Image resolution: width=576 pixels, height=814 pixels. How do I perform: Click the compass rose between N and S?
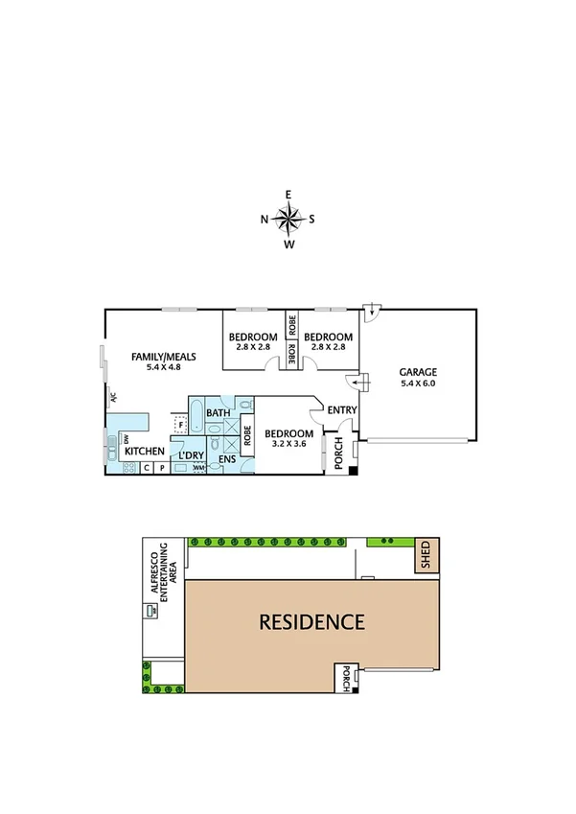pos(288,220)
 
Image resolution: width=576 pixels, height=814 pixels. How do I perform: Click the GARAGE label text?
pos(417,372)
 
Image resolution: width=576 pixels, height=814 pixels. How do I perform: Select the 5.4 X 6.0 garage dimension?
pos(417,384)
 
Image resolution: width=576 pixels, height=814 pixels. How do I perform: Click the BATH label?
pos(219,413)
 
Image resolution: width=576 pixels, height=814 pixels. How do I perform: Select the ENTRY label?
pos(342,410)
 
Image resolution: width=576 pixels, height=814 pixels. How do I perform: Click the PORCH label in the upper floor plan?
pos(337,454)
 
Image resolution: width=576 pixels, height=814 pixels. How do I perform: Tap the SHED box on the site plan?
pos(426,556)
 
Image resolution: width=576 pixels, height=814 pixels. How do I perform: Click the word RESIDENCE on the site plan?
pos(311,621)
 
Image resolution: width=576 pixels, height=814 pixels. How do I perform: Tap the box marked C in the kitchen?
pos(147,468)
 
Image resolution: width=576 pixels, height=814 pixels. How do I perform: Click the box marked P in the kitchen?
pos(162,468)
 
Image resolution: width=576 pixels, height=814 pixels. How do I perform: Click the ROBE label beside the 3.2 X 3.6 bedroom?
pos(246,437)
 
